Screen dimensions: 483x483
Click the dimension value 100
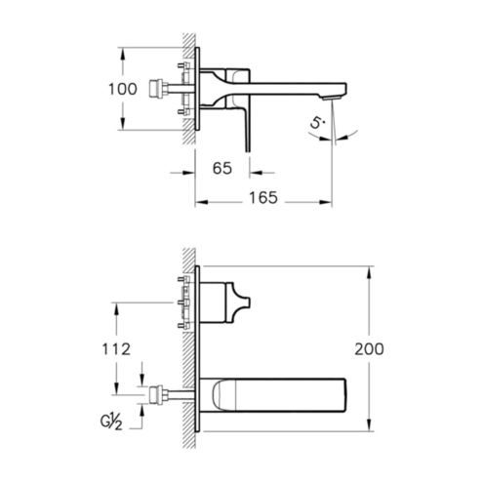pos(122,89)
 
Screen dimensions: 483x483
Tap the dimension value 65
pos(222,168)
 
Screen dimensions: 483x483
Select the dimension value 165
pos(263,198)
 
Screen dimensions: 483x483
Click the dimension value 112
pos(116,349)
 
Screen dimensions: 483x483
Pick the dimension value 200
pos(369,349)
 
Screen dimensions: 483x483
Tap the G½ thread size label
pos(111,423)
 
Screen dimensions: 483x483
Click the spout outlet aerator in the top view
pos(332,98)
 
